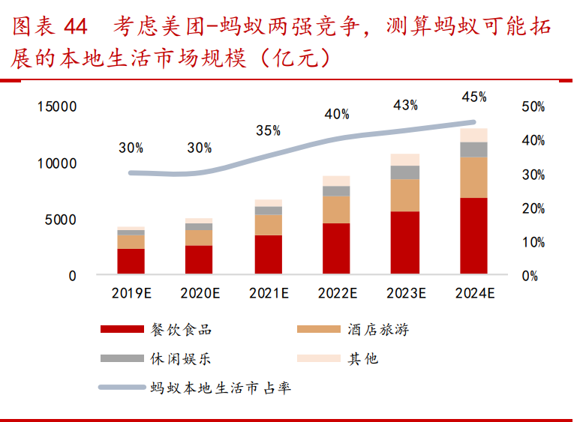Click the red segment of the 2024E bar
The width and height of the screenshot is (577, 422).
tap(473, 235)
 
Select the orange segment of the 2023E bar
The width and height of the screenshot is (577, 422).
tap(405, 195)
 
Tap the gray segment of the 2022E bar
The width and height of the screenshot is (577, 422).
tap(336, 190)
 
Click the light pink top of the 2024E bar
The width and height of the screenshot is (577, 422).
tap(473, 135)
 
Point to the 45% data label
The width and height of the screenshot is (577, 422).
tap(473, 97)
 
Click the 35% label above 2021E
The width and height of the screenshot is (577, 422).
tap(268, 130)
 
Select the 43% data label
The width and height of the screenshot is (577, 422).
tap(405, 106)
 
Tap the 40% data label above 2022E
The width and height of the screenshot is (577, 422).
tap(336, 114)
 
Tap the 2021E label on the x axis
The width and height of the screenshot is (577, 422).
tap(268, 293)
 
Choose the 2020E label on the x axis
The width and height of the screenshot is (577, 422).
tap(199, 293)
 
